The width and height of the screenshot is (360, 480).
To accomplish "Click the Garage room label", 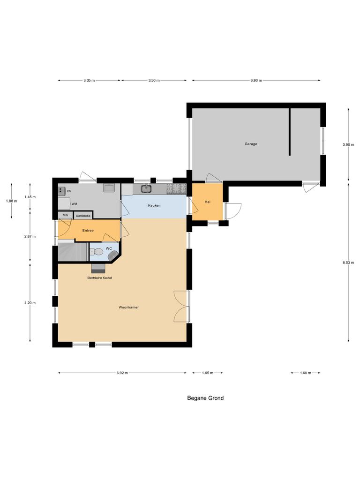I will (251, 144).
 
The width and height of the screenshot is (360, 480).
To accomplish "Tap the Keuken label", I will (155, 206).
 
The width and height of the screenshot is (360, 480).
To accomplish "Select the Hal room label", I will (208, 202).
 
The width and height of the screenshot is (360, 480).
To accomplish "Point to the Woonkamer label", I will (128, 307).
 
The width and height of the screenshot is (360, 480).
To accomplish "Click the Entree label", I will (88, 231).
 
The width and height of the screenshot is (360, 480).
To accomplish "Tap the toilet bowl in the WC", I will (93, 252).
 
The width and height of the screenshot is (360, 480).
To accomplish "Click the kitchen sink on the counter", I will (146, 189).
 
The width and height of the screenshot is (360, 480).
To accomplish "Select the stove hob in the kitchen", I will (176, 189).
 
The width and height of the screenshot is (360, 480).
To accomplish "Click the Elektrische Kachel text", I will (99, 278).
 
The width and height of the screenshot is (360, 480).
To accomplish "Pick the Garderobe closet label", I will (82, 216).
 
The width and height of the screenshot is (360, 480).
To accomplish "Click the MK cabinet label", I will (65, 215).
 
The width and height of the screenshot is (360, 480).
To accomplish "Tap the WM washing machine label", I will (74, 204).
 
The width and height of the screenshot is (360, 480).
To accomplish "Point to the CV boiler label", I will (69, 191).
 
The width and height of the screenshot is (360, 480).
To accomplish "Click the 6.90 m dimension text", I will (256, 81).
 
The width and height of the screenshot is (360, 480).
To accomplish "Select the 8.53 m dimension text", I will (348, 262).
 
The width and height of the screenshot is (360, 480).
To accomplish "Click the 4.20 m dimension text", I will (30, 303).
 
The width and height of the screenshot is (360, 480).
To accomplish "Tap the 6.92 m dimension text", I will (122, 373).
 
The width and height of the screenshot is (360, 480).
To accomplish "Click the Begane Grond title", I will (205, 398).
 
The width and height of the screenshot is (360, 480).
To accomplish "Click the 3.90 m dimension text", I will (348, 145).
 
